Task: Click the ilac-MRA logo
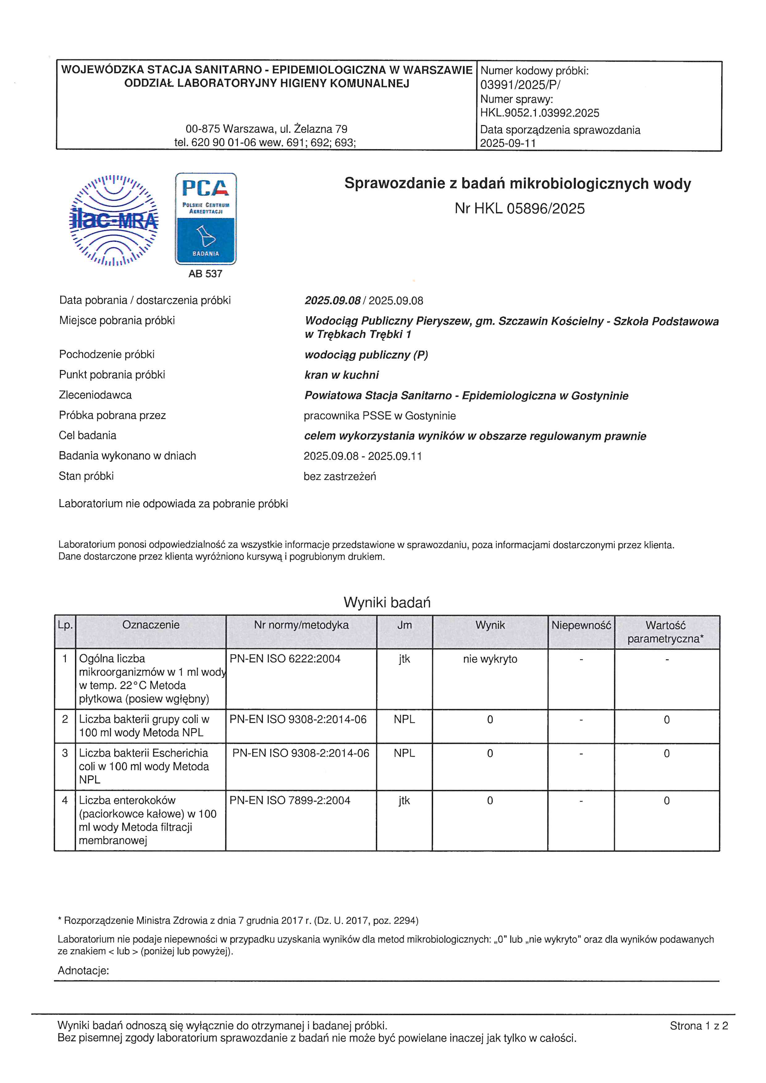click(114, 220)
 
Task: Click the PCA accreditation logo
click(206, 218)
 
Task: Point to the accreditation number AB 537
click(205, 274)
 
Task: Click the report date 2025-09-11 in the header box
click(508, 143)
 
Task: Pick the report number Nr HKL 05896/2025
click(519, 208)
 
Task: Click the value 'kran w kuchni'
click(342, 375)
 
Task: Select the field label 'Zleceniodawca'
click(95, 395)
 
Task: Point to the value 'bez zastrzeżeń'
click(340, 476)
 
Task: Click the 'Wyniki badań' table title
click(387, 602)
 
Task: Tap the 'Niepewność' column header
click(581, 625)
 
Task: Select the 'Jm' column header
click(404, 625)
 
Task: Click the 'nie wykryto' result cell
click(490, 659)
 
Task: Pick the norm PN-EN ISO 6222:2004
click(285, 659)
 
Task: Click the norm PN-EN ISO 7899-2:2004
click(290, 800)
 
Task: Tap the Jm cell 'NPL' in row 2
click(404, 719)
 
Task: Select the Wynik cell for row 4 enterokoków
click(490, 800)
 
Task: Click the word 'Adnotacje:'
click(83, 970)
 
